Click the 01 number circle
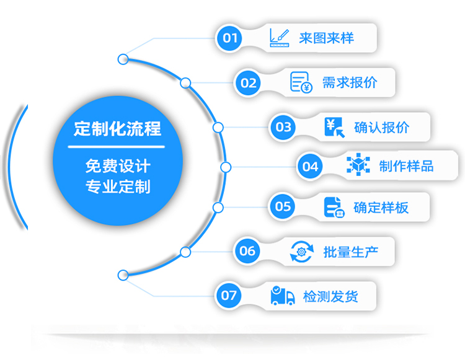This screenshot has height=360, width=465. [x=230, y=39]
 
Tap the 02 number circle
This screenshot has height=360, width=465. [x=249, y=83]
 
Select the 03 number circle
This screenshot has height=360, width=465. [x=283, y=127]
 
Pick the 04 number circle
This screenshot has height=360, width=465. [x=310, y=166]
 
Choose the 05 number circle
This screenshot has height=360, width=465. [x=283, y=206]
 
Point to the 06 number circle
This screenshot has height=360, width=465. [x=247, y=251]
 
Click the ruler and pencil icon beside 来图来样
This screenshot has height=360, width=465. [x=280, y=38]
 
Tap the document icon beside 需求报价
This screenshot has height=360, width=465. [x=301, y=82]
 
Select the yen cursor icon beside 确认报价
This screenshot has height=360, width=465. [x=335, y=127]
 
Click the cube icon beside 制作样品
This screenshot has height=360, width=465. [x=358, y=165]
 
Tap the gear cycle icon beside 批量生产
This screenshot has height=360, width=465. [x=302, y=252]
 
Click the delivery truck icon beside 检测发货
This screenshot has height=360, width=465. [x=283, y=296]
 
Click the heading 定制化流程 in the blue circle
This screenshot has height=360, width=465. [x=117, y=129]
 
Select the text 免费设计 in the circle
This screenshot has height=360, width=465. [x=117, y=166]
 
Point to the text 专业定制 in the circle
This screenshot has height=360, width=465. [x=117, y=186]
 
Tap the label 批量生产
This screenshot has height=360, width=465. [x=351, y=252]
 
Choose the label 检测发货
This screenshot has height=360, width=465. [x=330, y=296]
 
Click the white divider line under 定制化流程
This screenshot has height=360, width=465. [x=116, y=147]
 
